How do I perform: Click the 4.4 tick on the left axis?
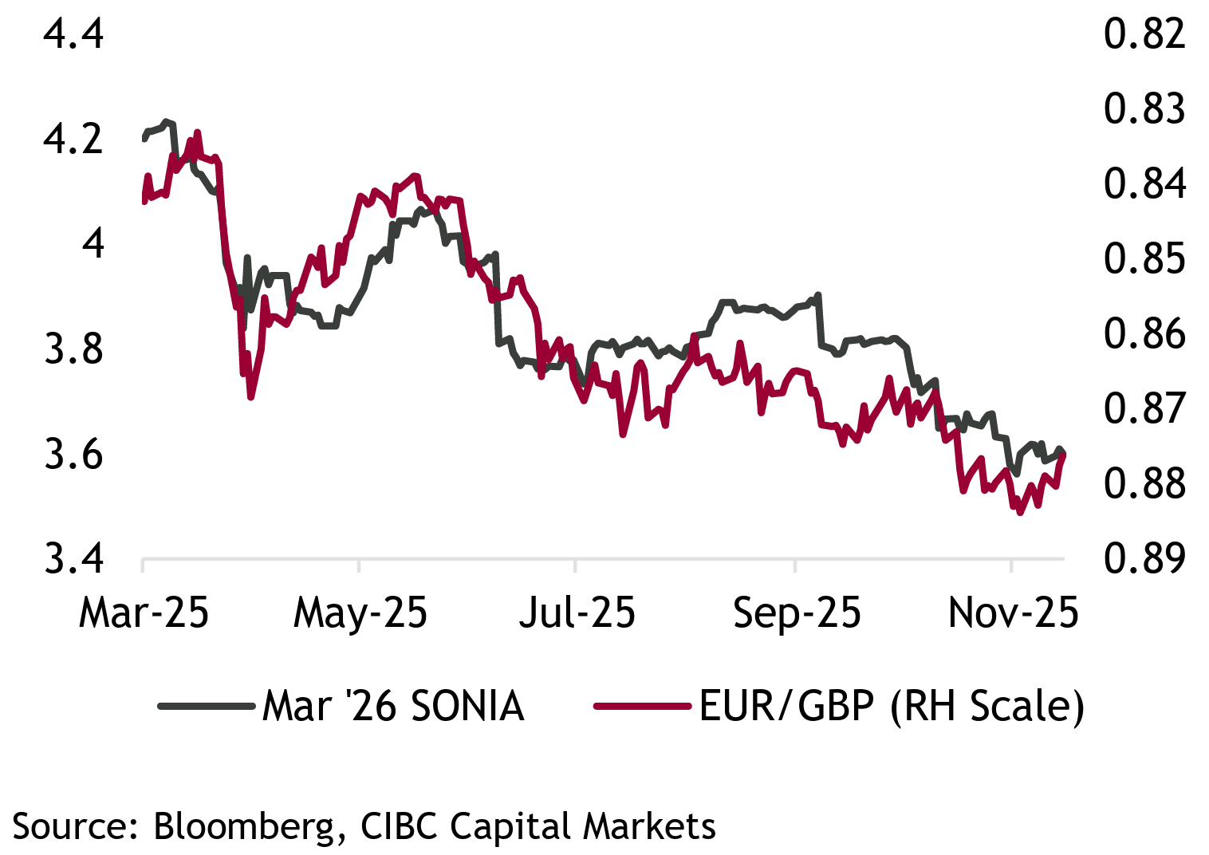pyautogui.click(x=73, y=34)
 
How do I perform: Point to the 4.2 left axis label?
pyautogui.click(x=73, y=139)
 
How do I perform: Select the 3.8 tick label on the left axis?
pyautogui.click(x=73, y=349)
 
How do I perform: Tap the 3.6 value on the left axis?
pyautogui.click(x=73, y=454)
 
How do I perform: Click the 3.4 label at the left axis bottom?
pyautogui.click(x=73, y=558)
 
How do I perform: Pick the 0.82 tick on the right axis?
pyautogui.click(x=1144, y=34)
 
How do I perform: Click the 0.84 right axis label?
pyautogui.click(x=1144, y=183)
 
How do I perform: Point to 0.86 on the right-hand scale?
pyautogui.click(x=1144, y=333)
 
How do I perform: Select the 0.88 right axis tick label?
pyautogui.click(x=1144, y=483)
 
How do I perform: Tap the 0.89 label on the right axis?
pyautogui.click(x=1144, y=558)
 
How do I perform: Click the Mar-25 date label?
pyautogui.click(x=144, y=613)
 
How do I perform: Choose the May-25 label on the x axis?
pyautogui.click(x=360, y=613)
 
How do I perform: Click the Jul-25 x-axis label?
pyautogui.click(x=577, y=613)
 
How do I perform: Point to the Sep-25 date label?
pyautogui.click(x=797, y=613)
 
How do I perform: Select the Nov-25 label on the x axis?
pyautogui.click(x=1013, y=613)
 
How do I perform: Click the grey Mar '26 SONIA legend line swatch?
pyautogui.click(x=206, y=706)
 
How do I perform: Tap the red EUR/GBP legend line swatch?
pyautogui.click(x=642, y=706)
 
